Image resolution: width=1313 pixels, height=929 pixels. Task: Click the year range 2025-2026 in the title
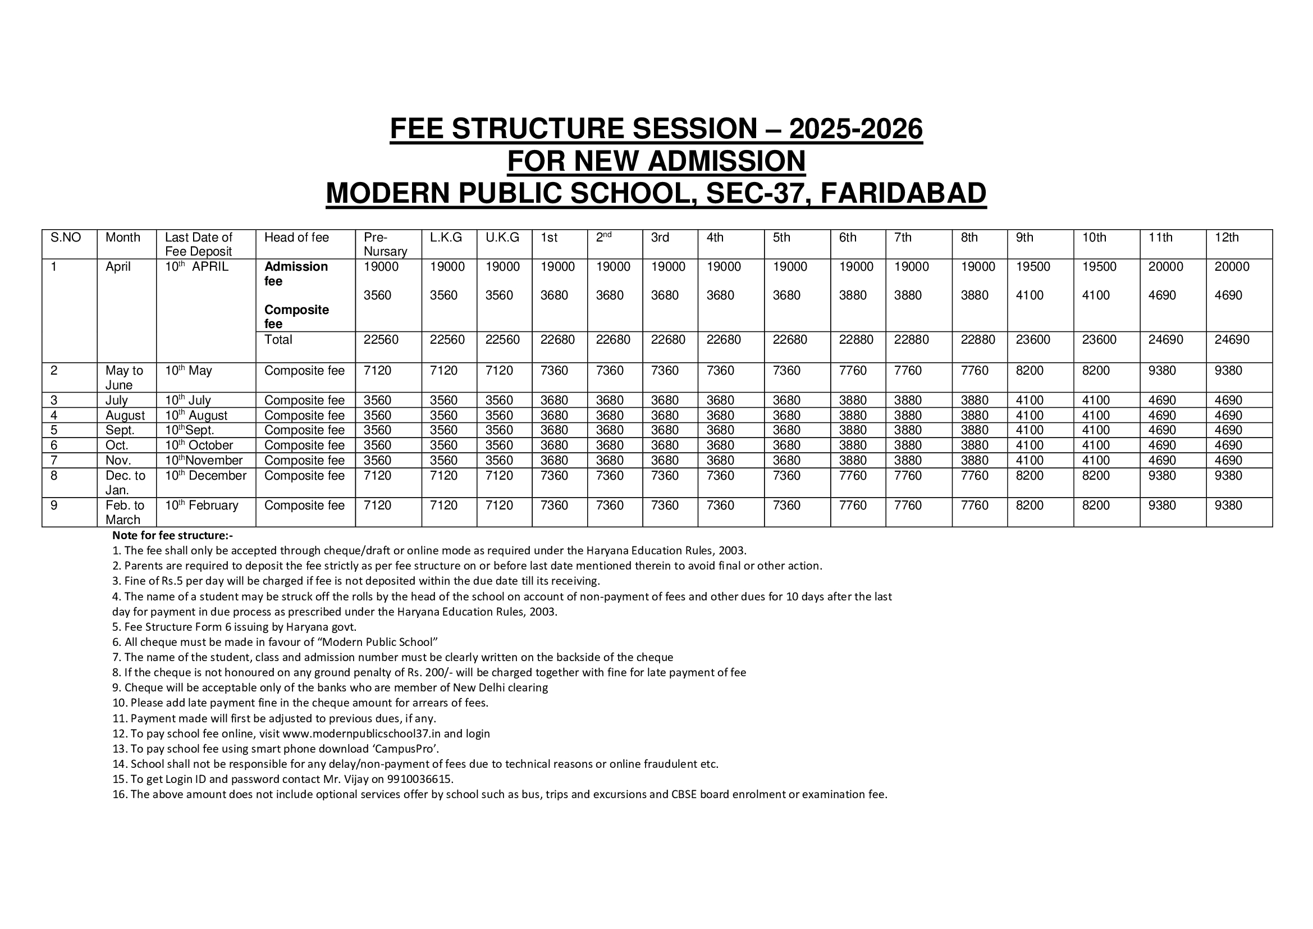pyautogui.click(x=855, y=129)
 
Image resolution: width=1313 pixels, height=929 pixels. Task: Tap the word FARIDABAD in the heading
pyautogui.click(x=903, y=193)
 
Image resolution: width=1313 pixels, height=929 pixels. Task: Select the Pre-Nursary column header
pyautogui.click(x=385, y=244)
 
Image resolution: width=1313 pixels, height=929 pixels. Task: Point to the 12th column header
pyautogui.click(x=1227, y=238)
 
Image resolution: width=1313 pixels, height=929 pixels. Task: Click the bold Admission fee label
pyautogui.click(x=296, y=274)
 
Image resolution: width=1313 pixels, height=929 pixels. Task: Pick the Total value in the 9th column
pyautogui.click(x=1033, y=340)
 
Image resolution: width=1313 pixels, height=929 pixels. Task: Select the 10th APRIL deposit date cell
pyautogui.click(x=196, y=267)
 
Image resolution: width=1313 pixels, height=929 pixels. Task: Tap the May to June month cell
pyautogui.click(x=124, y=377)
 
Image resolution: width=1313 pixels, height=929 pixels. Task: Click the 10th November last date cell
pyautogui.click(x=204, y=461)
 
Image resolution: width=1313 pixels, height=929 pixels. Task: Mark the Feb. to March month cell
pyautogui.click(x=125, y=513)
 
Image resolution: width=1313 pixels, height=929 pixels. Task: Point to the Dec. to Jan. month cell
pyautogui.click(x=125, y=483)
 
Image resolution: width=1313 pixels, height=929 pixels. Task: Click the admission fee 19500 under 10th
pyautogui.click(x=1099, y=267)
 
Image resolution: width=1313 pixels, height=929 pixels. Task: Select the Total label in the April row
pyautogui.click(x=278, y=340)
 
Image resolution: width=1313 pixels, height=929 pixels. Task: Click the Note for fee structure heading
pyautogui.click(x=173, y=535)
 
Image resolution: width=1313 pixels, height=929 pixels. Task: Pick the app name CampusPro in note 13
pyautogui.click(x=405, y=749)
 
